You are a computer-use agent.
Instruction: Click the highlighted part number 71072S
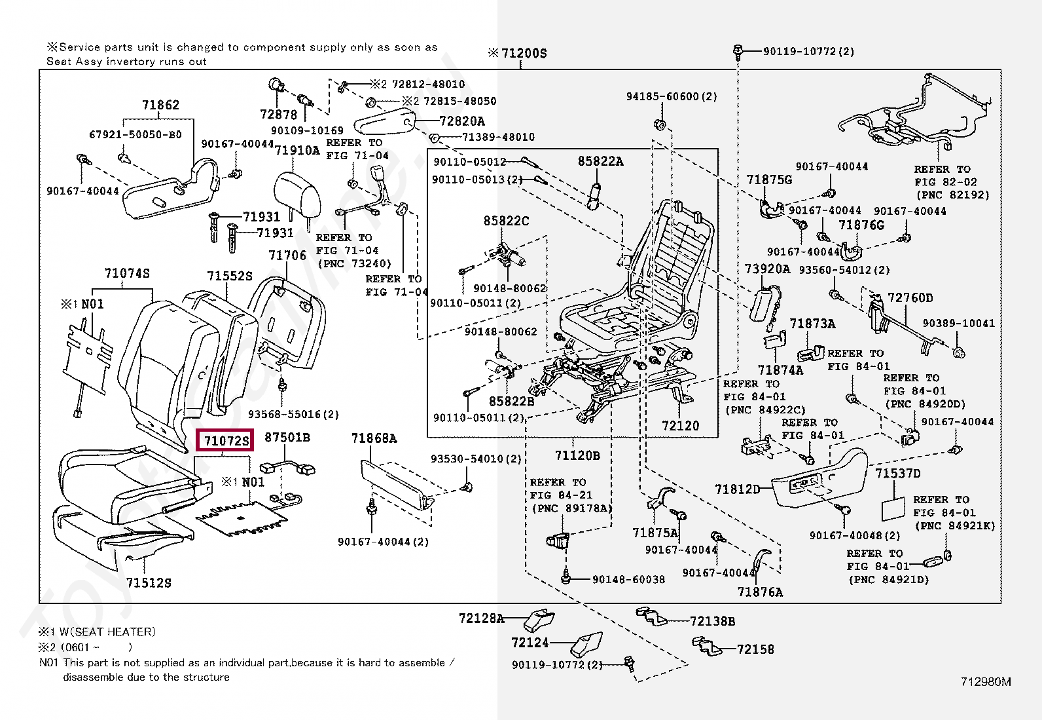click(x=226, y=441)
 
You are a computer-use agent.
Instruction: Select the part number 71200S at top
click(x=523, y=53)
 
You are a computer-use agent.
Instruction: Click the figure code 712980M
click(x=986, y=682)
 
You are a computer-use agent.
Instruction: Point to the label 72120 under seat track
click(x=680, y=426)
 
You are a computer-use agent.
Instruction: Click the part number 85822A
click(x=600, y=161)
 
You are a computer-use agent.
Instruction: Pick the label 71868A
click(x=374, y=438)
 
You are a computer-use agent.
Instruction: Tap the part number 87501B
click(x=287, y=438)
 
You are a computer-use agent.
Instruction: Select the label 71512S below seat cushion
click(x=149, y=582)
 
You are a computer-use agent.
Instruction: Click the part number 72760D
click(x=910, y=298)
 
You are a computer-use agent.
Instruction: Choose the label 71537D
click(x=898, y=474)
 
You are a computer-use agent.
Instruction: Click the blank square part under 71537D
click(x=891, y=508)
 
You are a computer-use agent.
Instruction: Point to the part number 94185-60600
click(x=672, y=96)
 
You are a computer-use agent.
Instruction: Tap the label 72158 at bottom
click(x=755, y=649)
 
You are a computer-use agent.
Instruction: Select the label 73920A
click(x=767, y=269)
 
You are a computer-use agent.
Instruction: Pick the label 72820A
click(x=462, y=121)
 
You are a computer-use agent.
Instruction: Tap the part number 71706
click(x=287, y=255)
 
